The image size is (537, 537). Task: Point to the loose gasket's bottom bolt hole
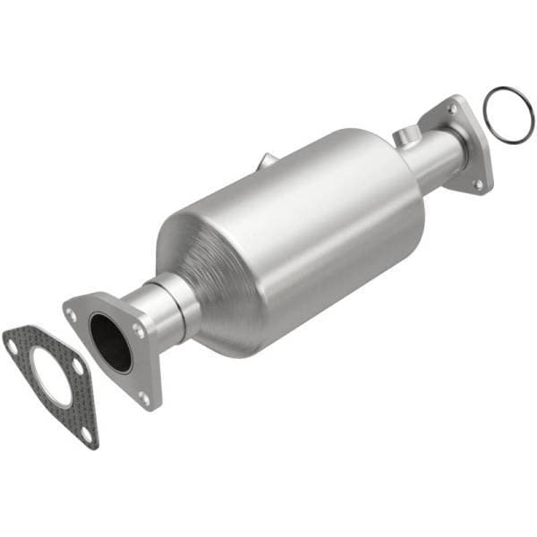(x=85, y=432)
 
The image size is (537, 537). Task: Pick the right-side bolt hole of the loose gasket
(x=78, y=366)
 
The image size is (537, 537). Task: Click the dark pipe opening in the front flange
(x=110, y=343)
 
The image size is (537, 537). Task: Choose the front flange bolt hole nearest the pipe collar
(x=139, y=330)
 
